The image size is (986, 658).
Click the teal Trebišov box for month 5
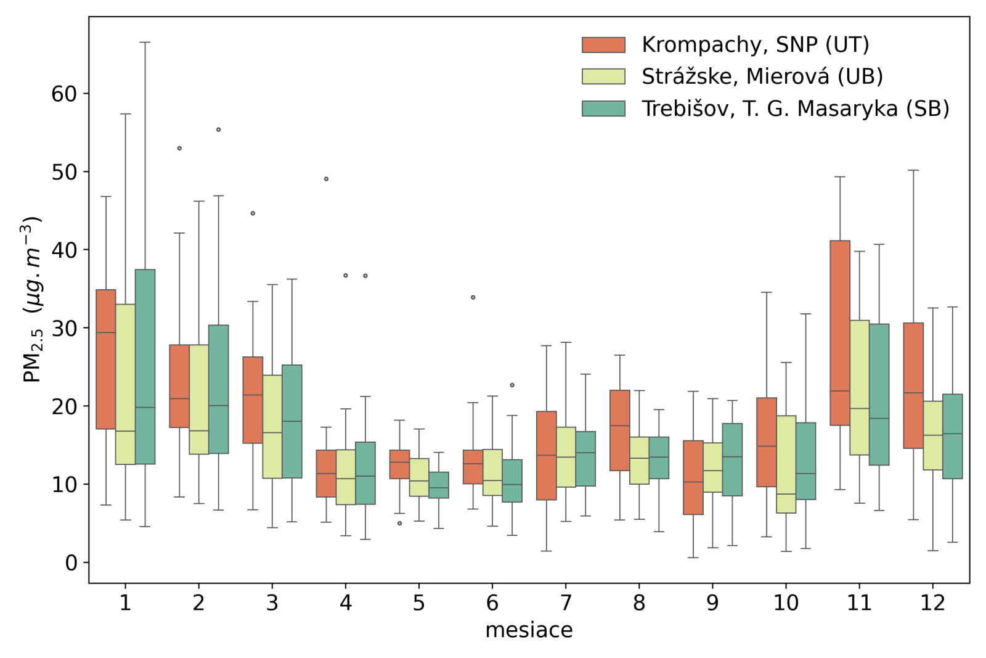439,485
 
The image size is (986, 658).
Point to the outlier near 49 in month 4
326,179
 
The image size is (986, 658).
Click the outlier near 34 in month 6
473,297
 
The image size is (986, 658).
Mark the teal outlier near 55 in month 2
218,130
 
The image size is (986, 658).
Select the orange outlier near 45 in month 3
253,213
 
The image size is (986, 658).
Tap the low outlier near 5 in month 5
399,523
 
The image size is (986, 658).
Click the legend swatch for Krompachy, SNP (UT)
603,45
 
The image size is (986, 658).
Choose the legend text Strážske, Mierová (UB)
762,76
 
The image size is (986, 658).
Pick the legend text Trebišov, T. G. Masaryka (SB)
795,109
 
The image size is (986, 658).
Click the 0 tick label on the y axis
71,562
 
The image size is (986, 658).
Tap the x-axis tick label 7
566,602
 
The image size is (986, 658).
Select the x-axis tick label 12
932,602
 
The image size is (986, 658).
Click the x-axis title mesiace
529,630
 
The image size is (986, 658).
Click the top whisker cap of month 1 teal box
145,43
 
